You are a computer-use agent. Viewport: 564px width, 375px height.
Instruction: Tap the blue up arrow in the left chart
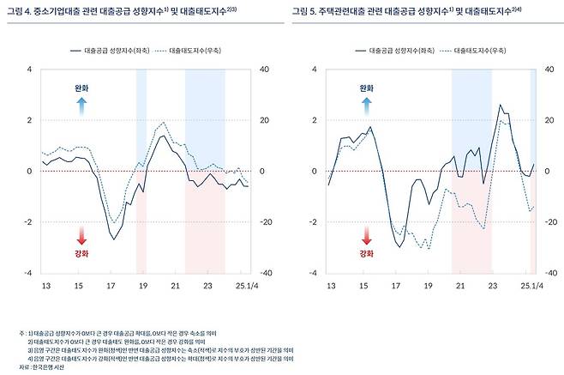[81, 106]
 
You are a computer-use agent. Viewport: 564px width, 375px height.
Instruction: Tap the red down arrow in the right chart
[367, 236]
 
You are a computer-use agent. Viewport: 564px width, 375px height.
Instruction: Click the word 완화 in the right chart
[367, 88]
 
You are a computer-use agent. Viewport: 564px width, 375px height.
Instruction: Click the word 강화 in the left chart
[81, 254]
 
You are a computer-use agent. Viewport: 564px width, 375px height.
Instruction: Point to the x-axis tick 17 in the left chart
[111, 284]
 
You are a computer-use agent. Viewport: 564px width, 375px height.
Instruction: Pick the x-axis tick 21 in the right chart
[459, 284]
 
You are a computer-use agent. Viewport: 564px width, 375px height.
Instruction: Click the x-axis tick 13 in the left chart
[45, 284]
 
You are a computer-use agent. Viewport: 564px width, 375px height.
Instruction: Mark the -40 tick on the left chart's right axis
[265, 273]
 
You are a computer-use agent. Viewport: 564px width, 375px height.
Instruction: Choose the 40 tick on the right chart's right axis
[549, 69]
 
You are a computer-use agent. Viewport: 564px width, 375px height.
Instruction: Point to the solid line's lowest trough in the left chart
[113, 239]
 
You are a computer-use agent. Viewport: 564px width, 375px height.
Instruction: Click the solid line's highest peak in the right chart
[500, 106]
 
